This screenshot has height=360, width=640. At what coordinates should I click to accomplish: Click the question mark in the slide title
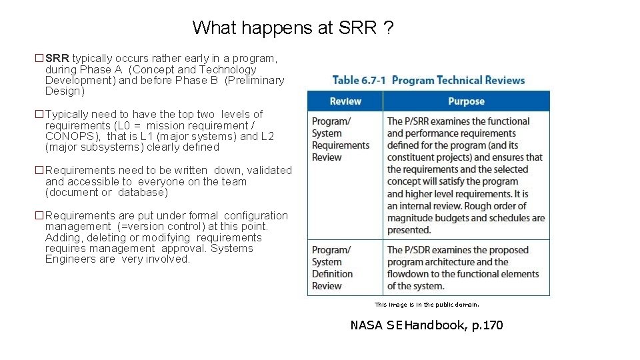tap(388, 28)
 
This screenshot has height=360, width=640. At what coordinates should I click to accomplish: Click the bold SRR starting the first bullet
tap(57, 59)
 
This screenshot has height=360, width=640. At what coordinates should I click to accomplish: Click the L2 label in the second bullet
tap(267, 136)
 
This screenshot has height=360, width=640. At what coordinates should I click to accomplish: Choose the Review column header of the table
tap(345, 101)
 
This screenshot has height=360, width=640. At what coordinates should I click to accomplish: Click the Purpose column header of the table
tap(466, 101)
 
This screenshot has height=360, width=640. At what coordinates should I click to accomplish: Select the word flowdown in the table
tap(408, 274)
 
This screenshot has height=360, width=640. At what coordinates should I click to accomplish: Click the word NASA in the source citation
tap(366, 325)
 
